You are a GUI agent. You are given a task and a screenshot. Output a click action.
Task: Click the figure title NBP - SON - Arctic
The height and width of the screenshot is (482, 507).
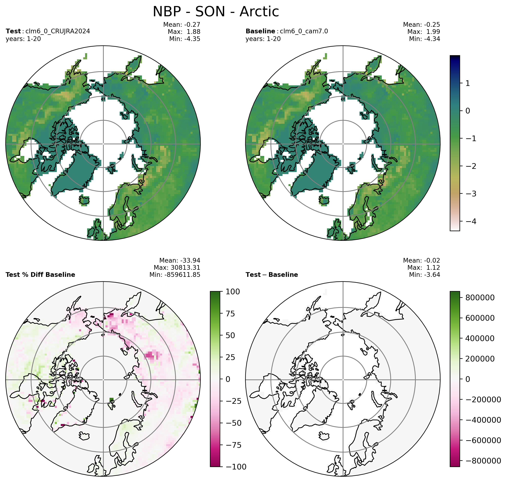point(216,12)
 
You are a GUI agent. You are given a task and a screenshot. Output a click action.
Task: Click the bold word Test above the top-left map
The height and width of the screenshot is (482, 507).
point(13,31)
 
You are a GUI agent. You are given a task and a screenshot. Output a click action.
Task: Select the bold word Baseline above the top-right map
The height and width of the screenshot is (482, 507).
point(260,31)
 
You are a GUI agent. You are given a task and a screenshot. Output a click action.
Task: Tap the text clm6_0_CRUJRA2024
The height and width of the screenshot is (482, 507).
point(58,31)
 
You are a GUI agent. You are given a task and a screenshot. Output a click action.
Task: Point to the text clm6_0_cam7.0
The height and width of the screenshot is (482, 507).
point(304,31)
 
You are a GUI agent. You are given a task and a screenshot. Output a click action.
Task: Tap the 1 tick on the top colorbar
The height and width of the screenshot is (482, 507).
point(468,83)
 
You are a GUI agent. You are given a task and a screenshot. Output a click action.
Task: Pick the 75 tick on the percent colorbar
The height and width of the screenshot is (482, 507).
point(230,314)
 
